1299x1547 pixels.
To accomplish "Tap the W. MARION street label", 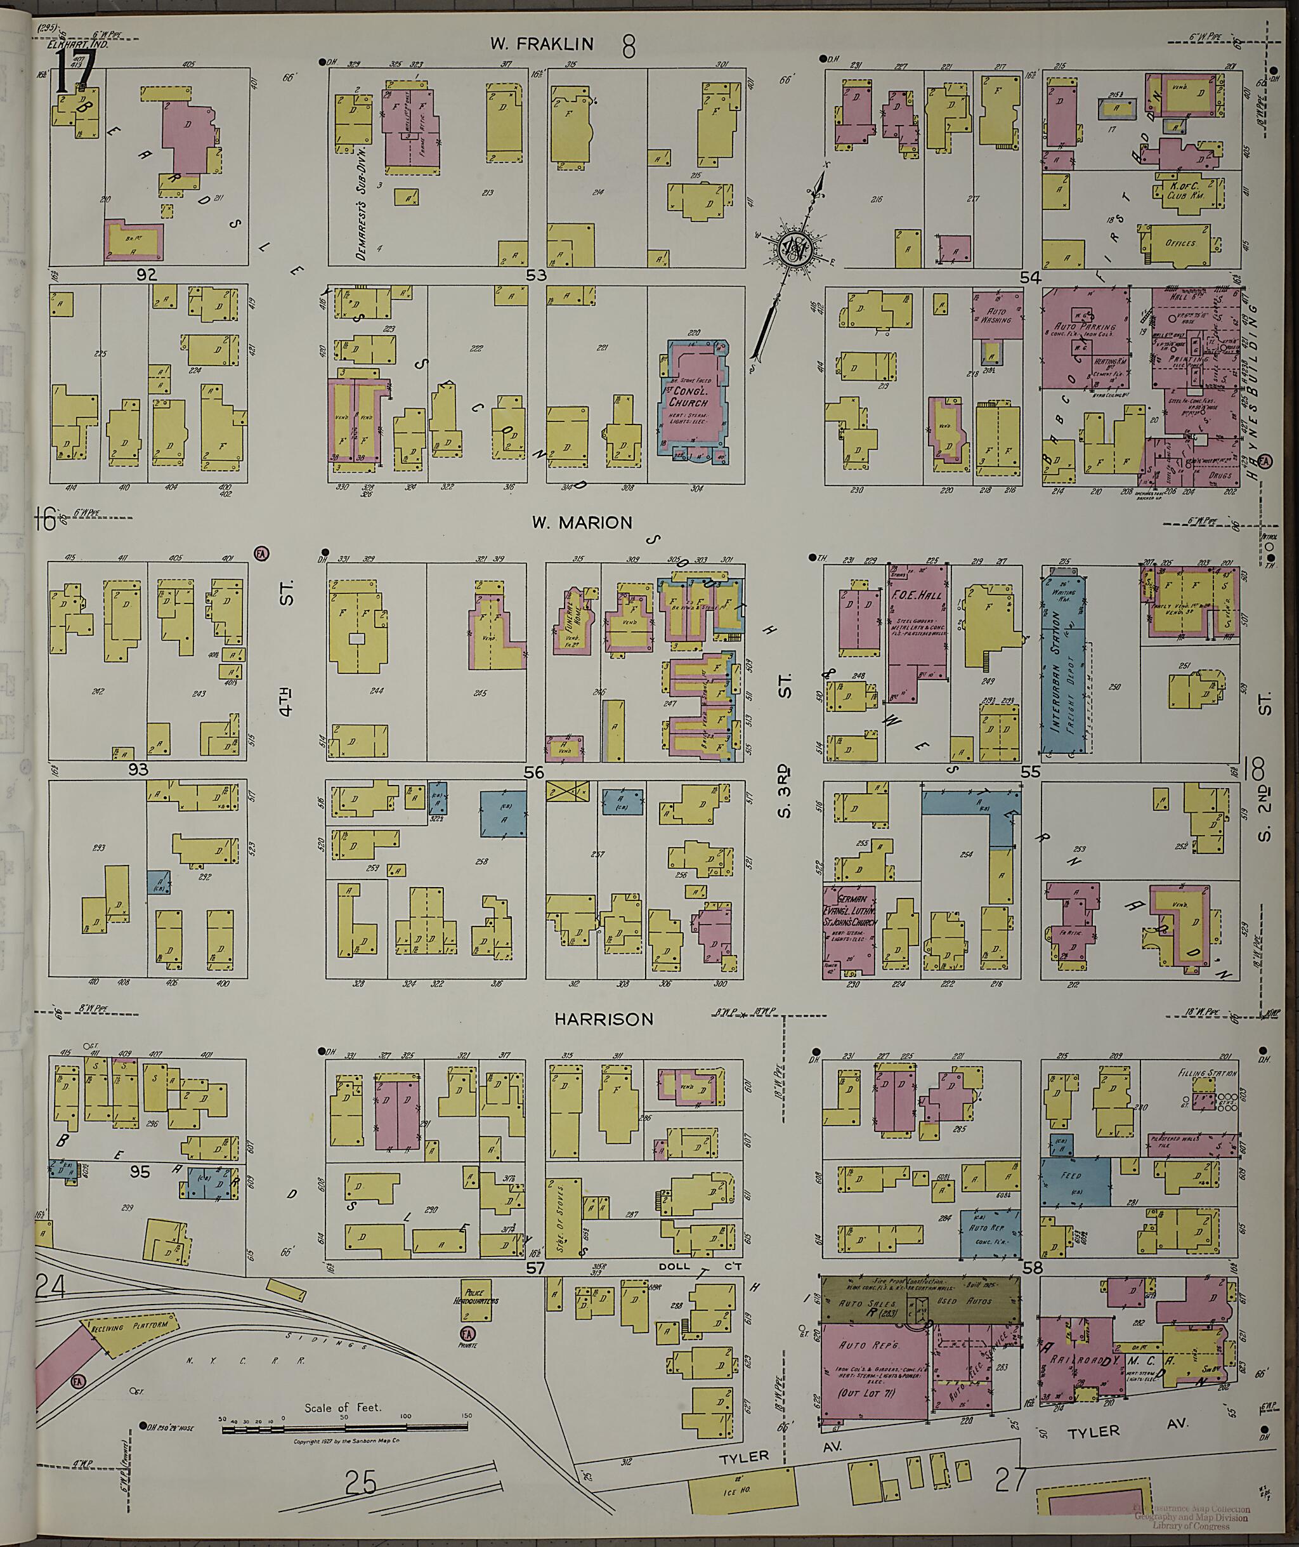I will (x=582, y=522).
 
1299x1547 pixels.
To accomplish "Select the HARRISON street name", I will (x=604, y=1019).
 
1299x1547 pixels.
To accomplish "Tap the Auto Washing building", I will (x=996, y=315).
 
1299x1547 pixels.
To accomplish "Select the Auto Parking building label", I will (x=1085, y=326).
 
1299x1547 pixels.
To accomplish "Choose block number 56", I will (x=534, y=772).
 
